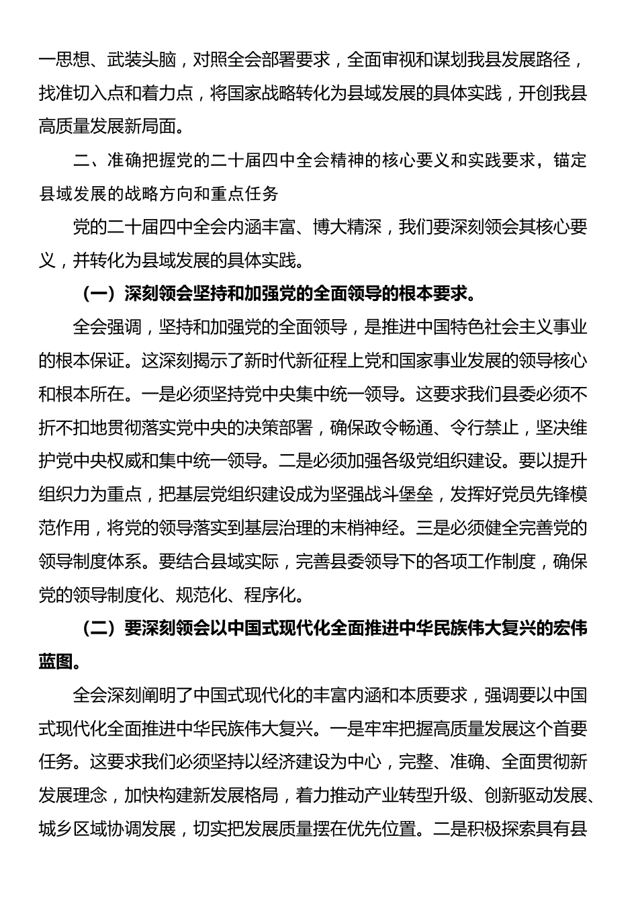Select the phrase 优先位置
tap(381, 828)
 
